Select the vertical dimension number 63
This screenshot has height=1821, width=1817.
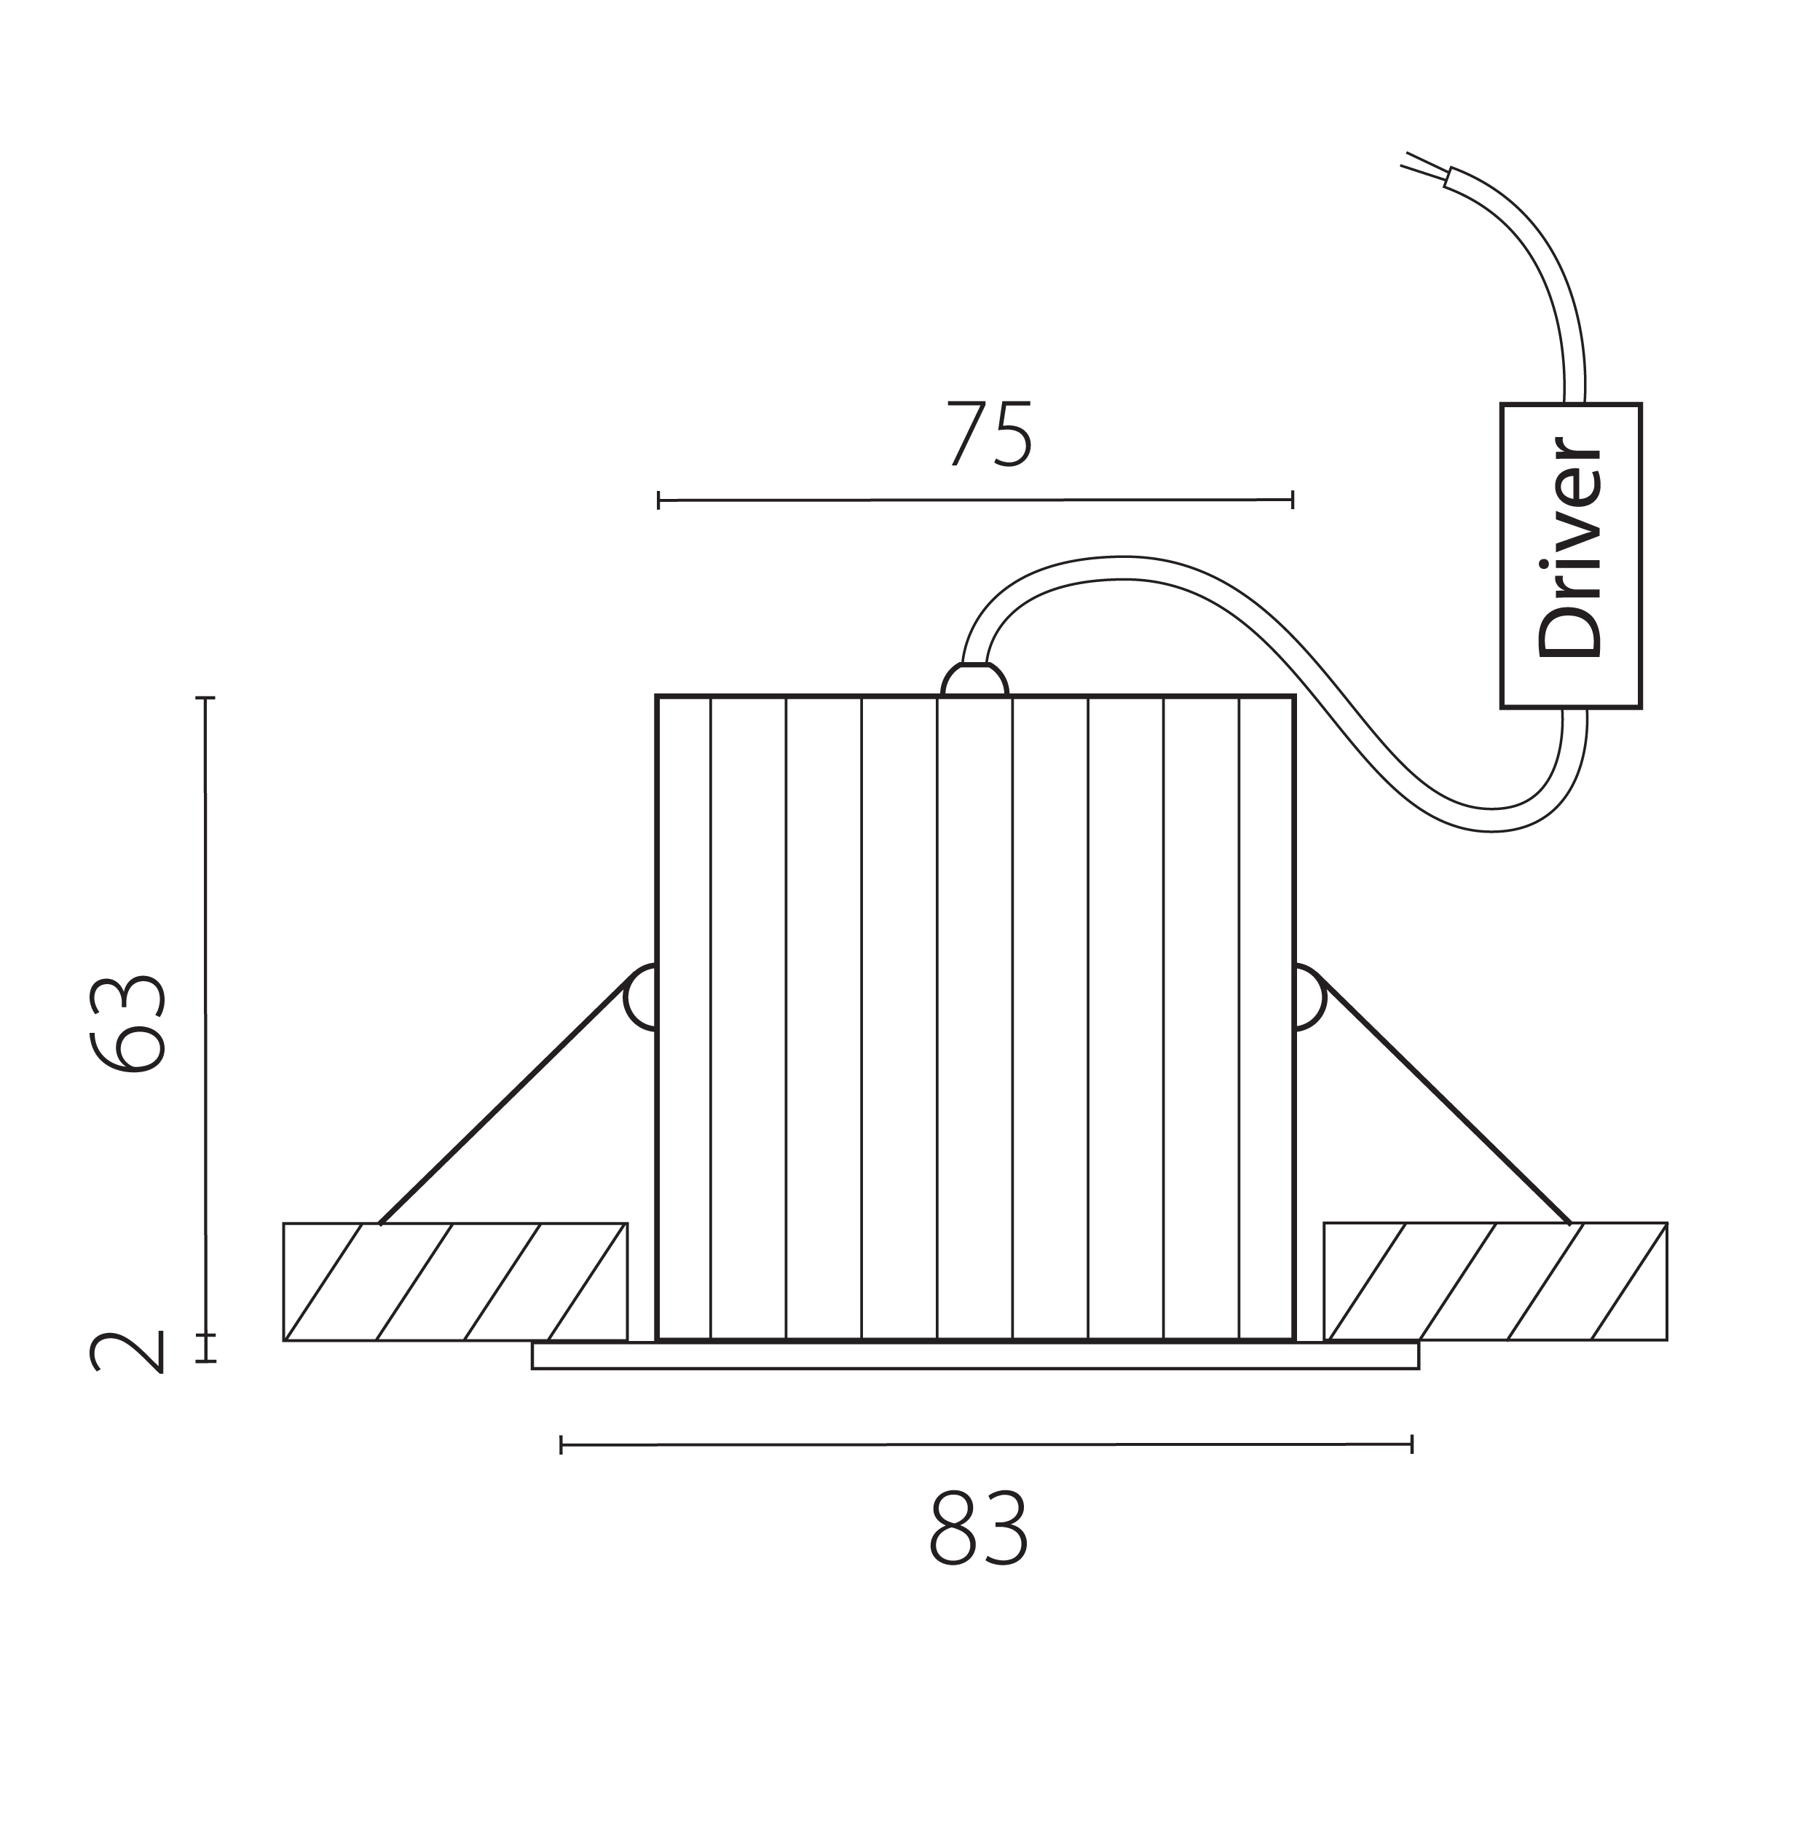(x=128, y=1025)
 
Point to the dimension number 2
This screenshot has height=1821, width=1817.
(x=127, y=1353)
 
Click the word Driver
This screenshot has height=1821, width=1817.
(x=1569, y=548)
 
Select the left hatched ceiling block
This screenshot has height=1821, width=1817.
(x=455, y=1282)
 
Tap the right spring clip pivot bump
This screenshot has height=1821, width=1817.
(x=1310, y=997)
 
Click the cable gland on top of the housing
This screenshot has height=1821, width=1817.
(x=974, y=680)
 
